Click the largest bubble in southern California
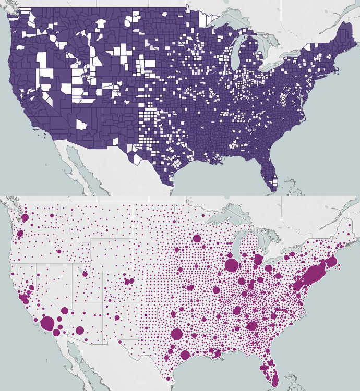[47, 323]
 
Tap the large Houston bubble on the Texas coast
[185, 356]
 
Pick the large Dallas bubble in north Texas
[176, 334]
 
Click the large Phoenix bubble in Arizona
[80, 330]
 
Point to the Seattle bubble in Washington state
[25, 217]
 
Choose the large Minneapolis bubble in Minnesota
[197, 239]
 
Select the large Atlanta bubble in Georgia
[253, 327]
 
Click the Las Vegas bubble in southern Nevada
[65, 310]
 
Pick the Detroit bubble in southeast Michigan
[258, 259]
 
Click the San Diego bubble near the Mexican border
[56, 332]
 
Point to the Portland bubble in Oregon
[20, 233]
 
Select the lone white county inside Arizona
[81, 124]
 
